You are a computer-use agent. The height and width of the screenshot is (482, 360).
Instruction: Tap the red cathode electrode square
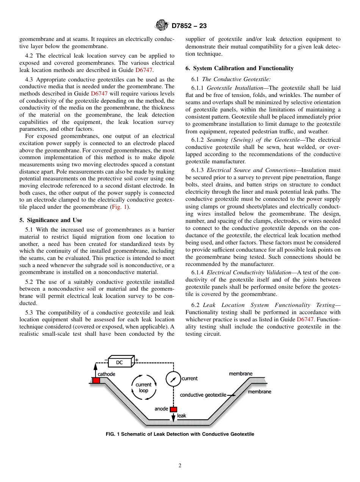point(96,380)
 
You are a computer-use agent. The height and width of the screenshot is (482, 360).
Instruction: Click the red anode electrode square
point(173,409)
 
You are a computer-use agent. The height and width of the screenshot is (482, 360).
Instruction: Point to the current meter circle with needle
point(173,379)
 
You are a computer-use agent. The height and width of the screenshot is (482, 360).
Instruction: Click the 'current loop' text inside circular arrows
point(144,387)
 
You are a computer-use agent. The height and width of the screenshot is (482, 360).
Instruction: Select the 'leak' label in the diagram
point(182,416)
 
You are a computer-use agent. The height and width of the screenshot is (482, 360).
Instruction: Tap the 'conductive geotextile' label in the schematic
point(203,395)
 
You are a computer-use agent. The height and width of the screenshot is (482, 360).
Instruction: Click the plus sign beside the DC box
point(137,360)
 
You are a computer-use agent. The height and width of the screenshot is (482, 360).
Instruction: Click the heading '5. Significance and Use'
point(50,220)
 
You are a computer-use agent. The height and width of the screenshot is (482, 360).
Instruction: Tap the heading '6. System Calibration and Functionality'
point(239,68)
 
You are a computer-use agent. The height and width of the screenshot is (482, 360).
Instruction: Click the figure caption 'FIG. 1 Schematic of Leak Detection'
point(180,434)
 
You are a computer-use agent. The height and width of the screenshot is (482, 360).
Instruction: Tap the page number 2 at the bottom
point(180,466)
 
